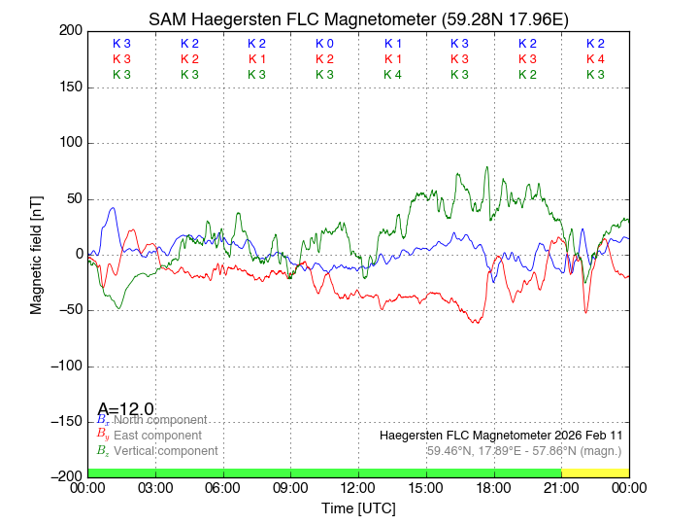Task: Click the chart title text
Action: tap(357, 19)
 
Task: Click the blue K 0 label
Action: tap(324, 44)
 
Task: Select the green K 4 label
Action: tap(392, 75)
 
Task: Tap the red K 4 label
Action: tap(595, 59)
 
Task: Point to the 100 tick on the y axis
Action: tap(70, 143)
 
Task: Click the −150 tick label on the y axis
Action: tap(64, 421)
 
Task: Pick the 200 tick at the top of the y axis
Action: tap(70, 31)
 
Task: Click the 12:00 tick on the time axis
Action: tap(358, 488)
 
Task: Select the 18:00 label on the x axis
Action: tap(493, 488)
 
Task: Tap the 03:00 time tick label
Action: tap(155, 488)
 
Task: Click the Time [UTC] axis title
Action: tap(358, 508)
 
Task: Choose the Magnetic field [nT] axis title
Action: tap(37, 254)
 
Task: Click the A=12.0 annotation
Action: tap(125, 408)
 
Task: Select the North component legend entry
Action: tap(156, 420)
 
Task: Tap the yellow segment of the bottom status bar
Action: tap(594, 472)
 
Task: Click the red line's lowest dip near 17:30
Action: tap(477, 322)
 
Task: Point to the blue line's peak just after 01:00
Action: tap(114, 207)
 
